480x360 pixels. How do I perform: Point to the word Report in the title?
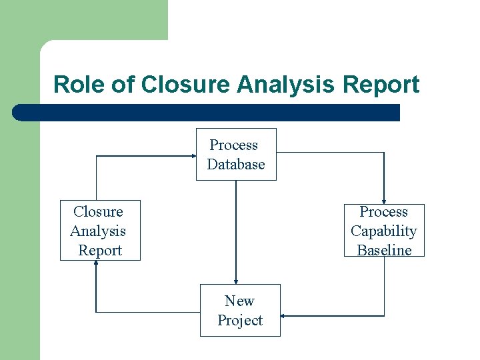tap(381, 85)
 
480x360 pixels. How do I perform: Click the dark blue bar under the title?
tap(207, 113)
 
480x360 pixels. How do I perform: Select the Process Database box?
tap(236, 155)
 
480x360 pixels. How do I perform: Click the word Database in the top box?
tap(236, 165)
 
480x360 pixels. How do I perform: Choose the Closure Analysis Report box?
tap(100, 231)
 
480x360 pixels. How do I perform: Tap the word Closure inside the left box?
tap(99, 212)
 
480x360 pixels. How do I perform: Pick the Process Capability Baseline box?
tap(384, 231)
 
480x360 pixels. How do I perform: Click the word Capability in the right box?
tap(384, 231)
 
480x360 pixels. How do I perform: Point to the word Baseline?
tap(384, 251)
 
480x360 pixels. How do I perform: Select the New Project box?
tap(240, 311)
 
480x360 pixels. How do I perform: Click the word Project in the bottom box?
tap(240, 321)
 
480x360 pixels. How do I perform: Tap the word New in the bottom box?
tap(239, 301)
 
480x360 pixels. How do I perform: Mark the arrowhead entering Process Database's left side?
tap(192, 155)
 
